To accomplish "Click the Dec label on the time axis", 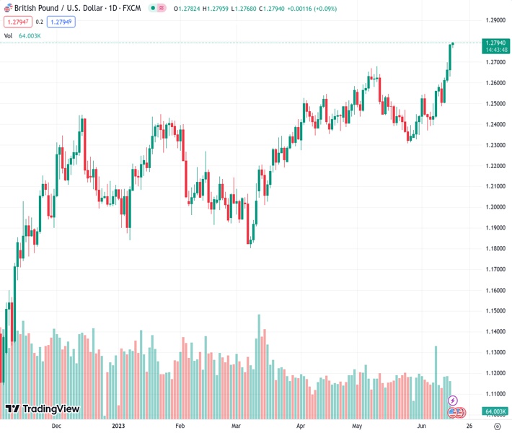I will [x=56, y=426].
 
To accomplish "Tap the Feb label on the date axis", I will [x=180, y=426].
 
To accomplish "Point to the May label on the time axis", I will [x=357, y=426].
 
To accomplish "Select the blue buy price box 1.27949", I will [x=62, y=22].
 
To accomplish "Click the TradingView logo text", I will [x=43, y=409].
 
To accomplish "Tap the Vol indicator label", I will [x=9, y=35].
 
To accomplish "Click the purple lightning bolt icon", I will [x=453, y=400].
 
